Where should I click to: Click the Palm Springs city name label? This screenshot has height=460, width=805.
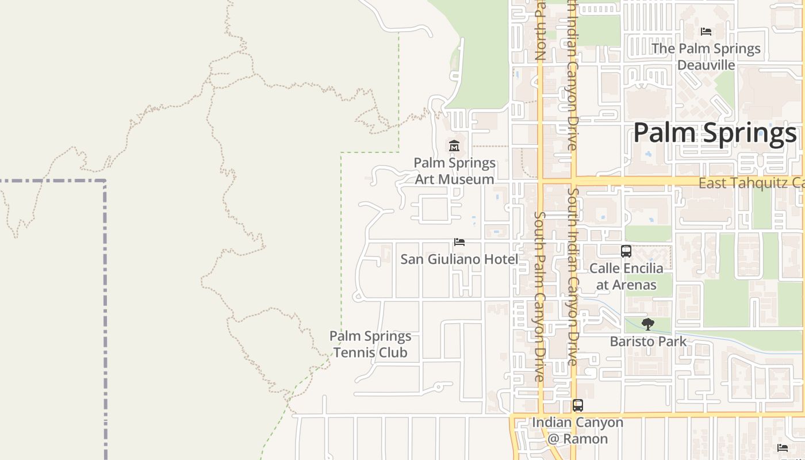point(715,133)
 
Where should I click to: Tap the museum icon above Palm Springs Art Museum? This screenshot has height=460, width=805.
point(454,145)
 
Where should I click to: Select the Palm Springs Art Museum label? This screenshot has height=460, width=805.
point(454,171)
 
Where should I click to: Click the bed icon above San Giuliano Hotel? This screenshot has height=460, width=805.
point(459,242)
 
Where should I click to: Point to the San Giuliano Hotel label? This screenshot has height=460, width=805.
point(459,259)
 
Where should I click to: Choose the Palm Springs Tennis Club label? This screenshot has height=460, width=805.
point(370,344)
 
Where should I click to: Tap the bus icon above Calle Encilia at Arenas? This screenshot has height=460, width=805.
point(626,251)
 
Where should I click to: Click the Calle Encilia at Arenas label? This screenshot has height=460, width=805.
point(626,277)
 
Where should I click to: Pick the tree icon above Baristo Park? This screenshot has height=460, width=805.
point(648,324)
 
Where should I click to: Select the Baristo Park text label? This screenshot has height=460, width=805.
point(648,342)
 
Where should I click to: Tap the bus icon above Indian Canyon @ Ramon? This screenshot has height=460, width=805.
point(578,405)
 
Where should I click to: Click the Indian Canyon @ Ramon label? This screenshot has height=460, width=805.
point(577,430)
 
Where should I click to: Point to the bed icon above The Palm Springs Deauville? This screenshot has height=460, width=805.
point(706,32)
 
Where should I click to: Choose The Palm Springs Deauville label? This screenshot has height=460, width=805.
point(706,56)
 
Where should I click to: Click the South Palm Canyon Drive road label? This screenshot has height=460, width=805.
point(539,296)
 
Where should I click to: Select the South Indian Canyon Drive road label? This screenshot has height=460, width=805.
point(572,276)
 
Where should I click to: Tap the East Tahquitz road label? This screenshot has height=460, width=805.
point(750,183)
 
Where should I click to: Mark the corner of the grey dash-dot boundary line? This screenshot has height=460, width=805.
point(105,181)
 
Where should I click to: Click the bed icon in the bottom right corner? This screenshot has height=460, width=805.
point(783,447)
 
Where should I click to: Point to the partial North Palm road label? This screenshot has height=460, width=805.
point(539,30)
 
